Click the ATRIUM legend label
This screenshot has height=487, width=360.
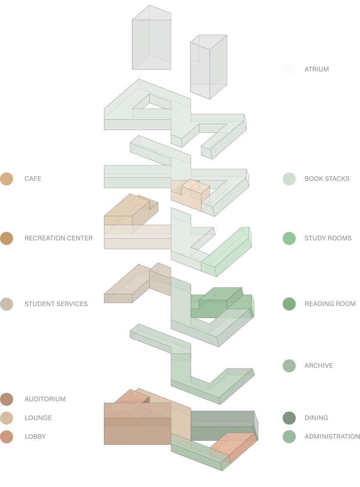(x=317, y=69)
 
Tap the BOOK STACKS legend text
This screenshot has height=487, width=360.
(x=327, y=179)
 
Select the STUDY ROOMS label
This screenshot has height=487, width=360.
(x=328, y=238)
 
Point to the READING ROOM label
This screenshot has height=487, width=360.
(x=330, y=304)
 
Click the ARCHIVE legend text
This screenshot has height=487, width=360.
(x=319, y=366)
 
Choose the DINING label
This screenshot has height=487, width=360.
(x=316, y=418)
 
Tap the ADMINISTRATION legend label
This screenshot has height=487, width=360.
(x=332, y=437)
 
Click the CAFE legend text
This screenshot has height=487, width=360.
(x=33, y=179)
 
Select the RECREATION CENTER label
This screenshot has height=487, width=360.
(x=59, y=238)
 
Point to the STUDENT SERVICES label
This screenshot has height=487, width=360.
(x=56, y=304)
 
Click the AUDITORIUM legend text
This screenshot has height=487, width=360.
(x=45, y=399)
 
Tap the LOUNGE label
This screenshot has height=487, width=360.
(x=38, y=418)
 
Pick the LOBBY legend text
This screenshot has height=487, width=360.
(x=35, y=437)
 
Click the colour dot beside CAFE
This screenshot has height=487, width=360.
(x=6, y=179)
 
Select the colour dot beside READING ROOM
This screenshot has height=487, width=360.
(x=289, y=304)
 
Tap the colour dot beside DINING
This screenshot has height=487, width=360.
(x=289, y=418)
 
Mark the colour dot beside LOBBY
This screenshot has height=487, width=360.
(x=6, y=437)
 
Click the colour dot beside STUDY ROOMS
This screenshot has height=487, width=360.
(x=289, y=238)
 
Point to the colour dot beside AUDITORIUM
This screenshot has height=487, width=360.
(x=6, y=399)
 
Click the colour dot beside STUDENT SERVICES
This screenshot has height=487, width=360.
(x=6, y=304)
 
